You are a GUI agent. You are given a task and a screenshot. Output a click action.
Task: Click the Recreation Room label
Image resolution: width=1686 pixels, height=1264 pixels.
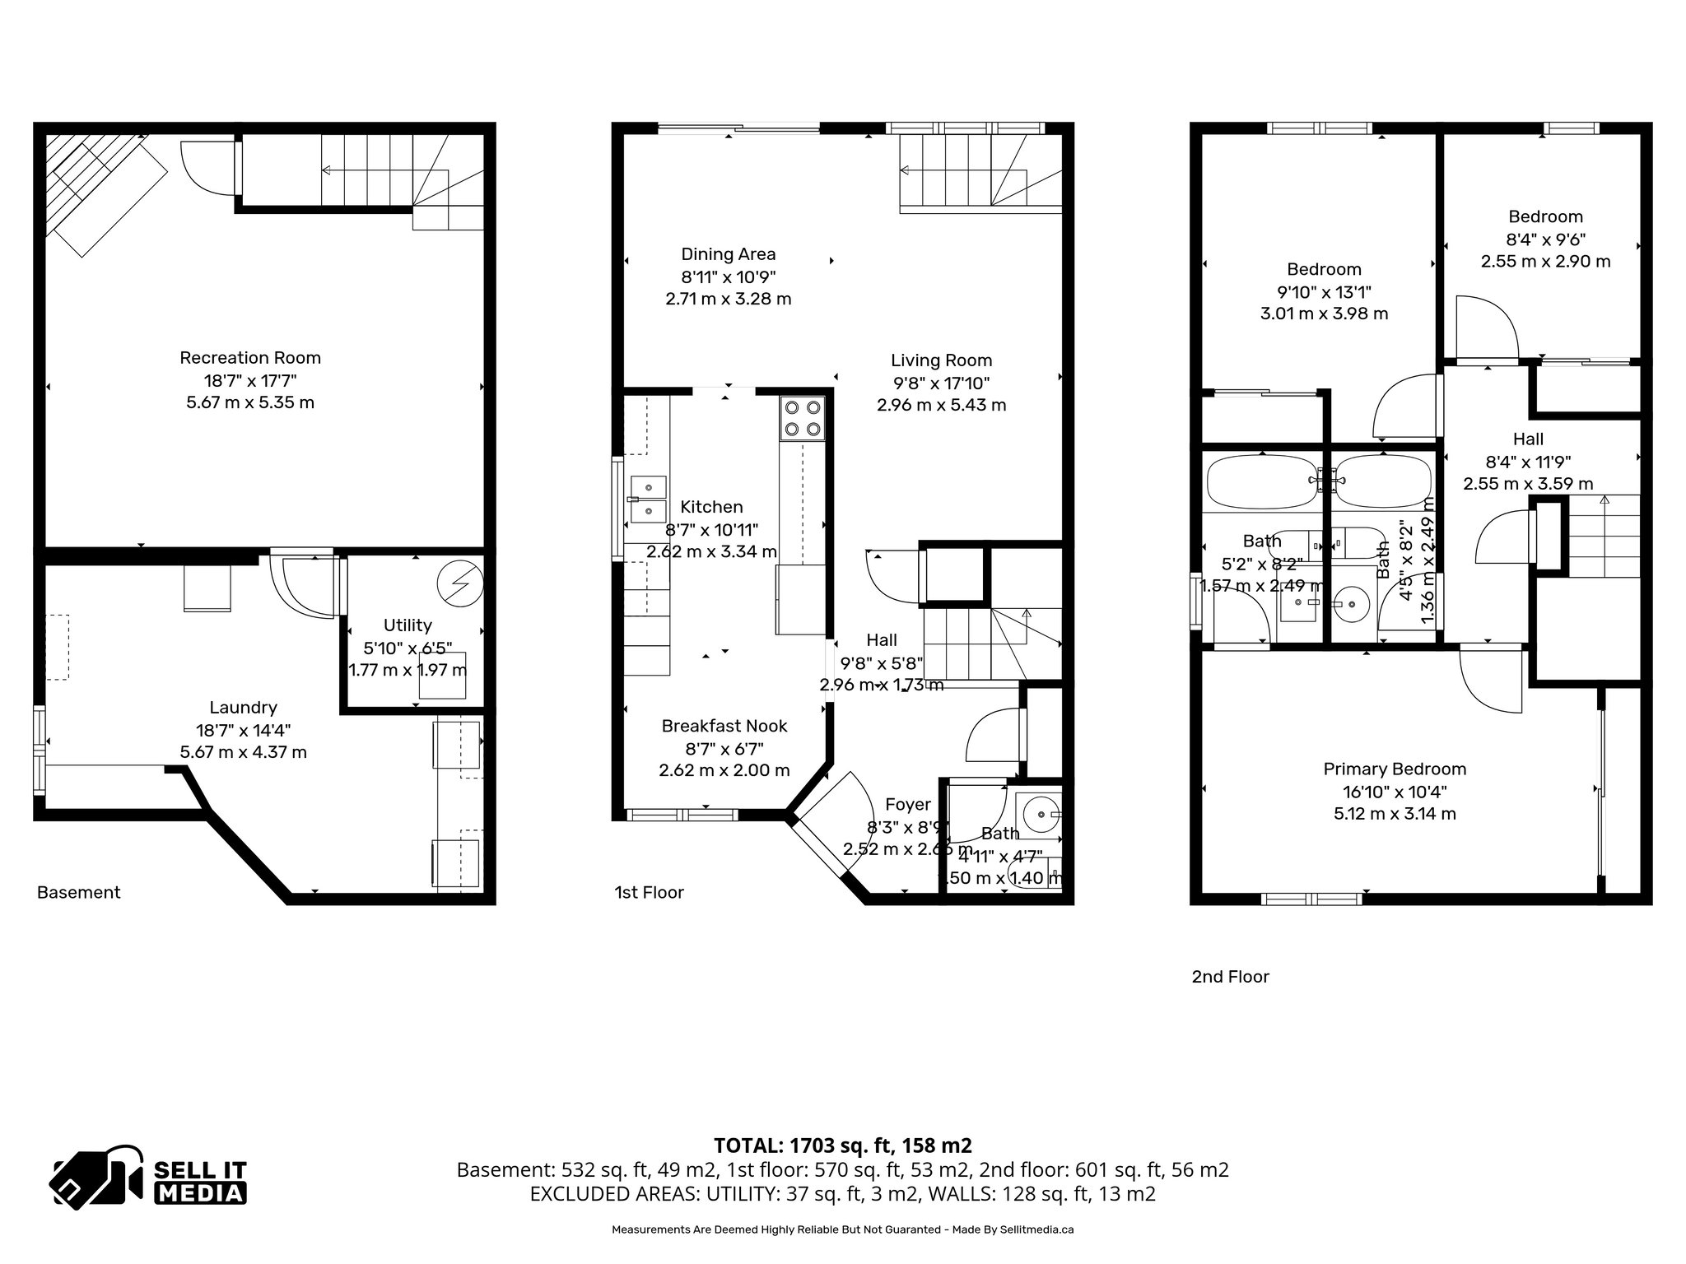(x=250, y=358)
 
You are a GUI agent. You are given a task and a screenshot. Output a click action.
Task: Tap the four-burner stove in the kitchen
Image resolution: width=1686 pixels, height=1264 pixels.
(x=802, y=417)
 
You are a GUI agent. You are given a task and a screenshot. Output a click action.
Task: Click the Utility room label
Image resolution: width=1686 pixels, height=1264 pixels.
(x=408, y=625)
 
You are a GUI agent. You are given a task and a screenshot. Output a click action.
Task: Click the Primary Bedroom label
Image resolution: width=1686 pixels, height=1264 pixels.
(x=1395, y=769)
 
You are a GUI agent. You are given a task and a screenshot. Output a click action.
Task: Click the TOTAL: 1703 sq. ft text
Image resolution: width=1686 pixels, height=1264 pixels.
(x=842, y=1145)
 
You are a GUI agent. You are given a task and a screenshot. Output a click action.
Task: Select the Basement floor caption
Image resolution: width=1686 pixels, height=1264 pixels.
(x=79, y=893)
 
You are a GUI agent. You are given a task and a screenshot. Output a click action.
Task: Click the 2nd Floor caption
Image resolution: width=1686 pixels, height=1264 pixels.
(x=1230, y=977)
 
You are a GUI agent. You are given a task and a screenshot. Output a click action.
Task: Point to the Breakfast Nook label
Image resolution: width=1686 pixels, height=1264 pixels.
(x=724, y=727)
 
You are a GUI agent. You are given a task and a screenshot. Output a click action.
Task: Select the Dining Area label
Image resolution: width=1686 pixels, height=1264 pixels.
(x=728, y=254)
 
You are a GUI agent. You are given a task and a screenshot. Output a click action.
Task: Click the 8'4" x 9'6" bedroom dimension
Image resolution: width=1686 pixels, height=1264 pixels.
(x=1545, y=239)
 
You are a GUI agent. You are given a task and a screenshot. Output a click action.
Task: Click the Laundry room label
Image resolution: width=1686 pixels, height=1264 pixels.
(x=243, y=708)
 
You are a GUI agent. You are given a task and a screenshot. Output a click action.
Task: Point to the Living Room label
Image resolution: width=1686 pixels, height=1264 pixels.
(x=941, y=360)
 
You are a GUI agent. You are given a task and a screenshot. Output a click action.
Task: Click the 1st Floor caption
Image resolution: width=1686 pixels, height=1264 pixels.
(x=649, y=893)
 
